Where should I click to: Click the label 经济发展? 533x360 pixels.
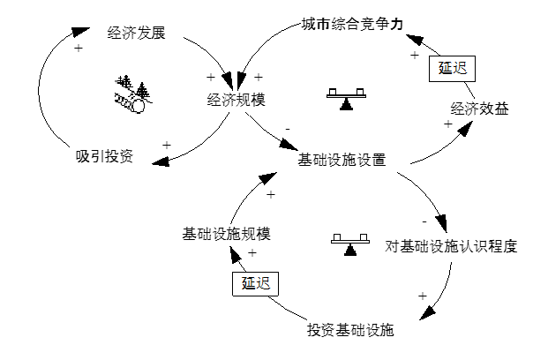(136, 34)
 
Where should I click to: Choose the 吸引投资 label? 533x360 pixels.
(104, 157)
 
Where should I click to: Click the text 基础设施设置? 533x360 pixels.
(342, 161)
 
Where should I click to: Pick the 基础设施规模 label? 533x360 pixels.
(225, 234)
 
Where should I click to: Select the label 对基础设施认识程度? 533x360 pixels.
(450, 245)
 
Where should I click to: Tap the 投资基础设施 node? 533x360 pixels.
(349, 332)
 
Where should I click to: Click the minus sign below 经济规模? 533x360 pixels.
(288, 130)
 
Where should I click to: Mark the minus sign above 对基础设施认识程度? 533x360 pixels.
(424, 221)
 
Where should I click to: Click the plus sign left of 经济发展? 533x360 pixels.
(79, 49)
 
